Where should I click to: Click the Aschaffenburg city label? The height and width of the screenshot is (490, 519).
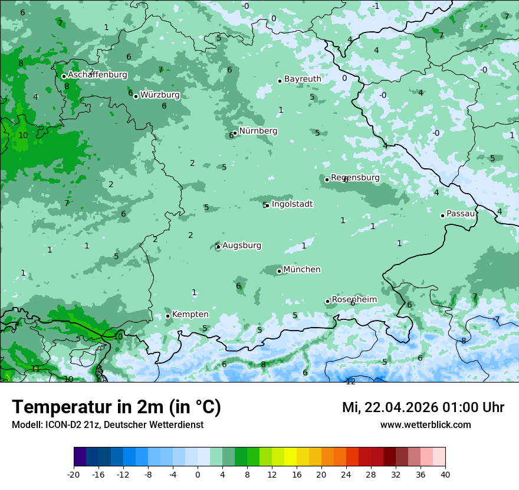pyautogui.click(x=97, y=75)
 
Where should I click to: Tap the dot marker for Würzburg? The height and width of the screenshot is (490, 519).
pyautogui.click(x=136, y=96)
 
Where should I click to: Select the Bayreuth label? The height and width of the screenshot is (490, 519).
pyautogui.click(x=303, y=79)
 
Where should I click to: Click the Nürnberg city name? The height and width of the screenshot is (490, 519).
pyautogui.click(x=258, y=131)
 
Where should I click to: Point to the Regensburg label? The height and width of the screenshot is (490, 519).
pyautogui.click(x=355, y=177)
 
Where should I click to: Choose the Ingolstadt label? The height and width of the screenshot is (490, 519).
pyautogui.click(x=292, y=204)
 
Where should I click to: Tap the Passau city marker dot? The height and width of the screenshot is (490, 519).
pyautogui.click(x=442, y=215)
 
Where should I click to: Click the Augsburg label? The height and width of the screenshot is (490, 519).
pyautogui.click(x=241, y=245)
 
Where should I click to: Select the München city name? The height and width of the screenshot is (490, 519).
pyautogui.click(x=301, y=269)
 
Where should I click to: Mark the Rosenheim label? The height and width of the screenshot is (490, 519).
pyautogui.click(x=354, y=299)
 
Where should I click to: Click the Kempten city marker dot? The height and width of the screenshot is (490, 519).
pyautogui.click(x=167, y=316)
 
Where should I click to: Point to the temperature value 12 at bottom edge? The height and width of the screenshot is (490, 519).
pyautogui.click(x=350, y=381)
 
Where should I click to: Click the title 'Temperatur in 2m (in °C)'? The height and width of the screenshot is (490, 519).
pyautogui.click(x=116, y=407)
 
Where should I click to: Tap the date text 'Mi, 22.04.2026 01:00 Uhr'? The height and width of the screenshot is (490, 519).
pyautogui.click(x=423, y=407)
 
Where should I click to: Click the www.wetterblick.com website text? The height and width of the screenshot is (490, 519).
pyautogui.click(x=425, y=424)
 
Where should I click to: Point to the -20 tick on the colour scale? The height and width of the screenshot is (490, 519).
pyautogui.click(x=74, y=475)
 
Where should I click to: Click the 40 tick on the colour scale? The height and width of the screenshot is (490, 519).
pyautogui.click(x=445, y=475)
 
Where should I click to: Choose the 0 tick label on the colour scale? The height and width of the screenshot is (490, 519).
pyautogui.click(x=198, y=475)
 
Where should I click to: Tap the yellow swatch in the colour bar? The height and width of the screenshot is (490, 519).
pyautogui.click(x=290, y=457)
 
